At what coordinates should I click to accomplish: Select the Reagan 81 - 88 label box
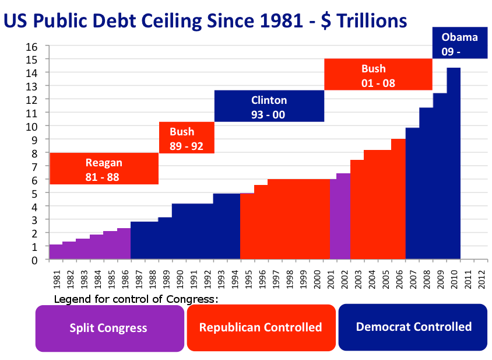[x=104, y=169]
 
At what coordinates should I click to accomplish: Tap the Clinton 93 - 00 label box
[x=269, y=106]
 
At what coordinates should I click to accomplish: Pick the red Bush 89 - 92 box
[x=187, y=138]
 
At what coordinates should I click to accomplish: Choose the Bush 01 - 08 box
[x=378, y=75]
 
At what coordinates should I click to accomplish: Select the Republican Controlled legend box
[x=261, y=327]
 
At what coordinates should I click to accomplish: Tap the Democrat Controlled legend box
[x=413, y=327]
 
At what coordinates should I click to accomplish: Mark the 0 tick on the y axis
[x=35, y=260]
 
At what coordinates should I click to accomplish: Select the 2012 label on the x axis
[x=480, y=278]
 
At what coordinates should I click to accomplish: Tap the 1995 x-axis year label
[x=248, y=278]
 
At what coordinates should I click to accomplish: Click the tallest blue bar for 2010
[x=453, y=163]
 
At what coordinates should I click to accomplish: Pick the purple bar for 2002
[x=343, y=216]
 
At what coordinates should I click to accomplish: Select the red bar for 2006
[x=398, y=199]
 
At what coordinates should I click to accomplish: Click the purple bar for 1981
[x=56, y=252]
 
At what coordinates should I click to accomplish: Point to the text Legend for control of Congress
[x=136, y=299]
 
